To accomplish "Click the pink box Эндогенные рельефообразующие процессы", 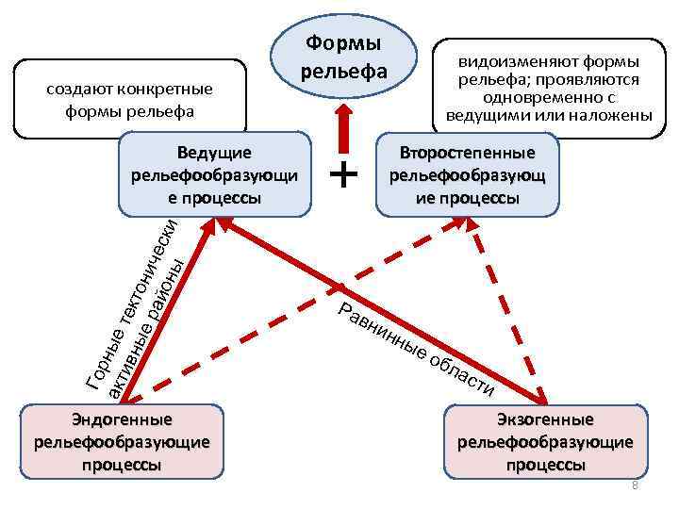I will pos(122,442).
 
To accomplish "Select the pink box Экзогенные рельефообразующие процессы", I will pos(545,442).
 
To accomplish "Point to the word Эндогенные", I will pos(122,419).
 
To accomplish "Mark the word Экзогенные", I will pos(545,419).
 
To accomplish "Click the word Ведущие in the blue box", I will pos(214,152).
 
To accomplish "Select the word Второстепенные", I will pos(467,152).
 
